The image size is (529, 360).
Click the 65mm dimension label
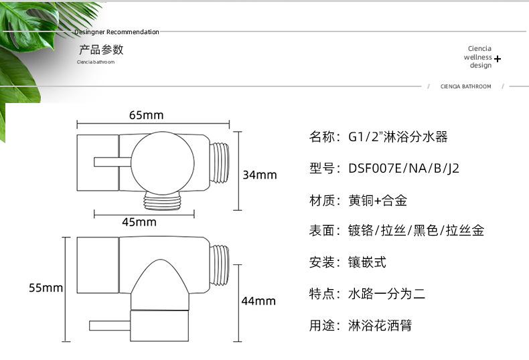[146, 115]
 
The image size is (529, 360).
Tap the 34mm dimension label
[259, 175]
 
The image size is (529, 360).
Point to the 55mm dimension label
[46, 288]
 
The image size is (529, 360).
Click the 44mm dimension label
[258, 301]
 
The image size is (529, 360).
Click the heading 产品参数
[101, 50]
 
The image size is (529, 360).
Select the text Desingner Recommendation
[117, 31]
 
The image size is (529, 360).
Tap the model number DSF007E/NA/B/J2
[404, 168]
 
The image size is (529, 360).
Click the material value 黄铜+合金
[377, 200]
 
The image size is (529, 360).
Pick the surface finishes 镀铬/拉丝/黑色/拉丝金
[416, 230]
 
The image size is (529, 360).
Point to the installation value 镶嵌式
[367, 262]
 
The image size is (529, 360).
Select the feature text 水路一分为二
[386, 293]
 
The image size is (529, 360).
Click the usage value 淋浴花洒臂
[380, 325]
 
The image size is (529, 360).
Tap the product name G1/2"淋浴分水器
[398, 137]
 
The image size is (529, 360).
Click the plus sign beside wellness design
[498, 59]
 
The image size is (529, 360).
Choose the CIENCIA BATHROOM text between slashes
[465, 86]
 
